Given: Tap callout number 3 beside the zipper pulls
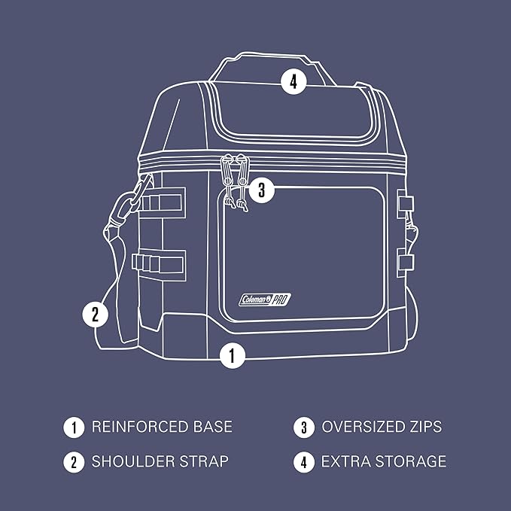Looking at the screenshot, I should pyautogui.click(x=260, y=190).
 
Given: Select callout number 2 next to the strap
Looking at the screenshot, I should pyautogui.click(x=95, y=314).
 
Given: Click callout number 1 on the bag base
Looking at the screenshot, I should pyautogui.click(x=233, y=355).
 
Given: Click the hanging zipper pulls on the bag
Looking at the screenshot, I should pyautogui.click(x=235, y=183).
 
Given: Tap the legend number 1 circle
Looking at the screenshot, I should pyautogui.click(x=74, y=427).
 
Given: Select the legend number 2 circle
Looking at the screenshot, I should pyautogui.click(x=74, y=461).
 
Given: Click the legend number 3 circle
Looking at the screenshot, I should pyautogui.click(x=303, y=427).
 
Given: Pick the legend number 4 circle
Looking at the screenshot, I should pyautogui.click(x=303, y=461).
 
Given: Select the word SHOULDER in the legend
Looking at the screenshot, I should pyautogui.click(x=134, y=461).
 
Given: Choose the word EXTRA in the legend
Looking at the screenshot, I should pyautogui.click(x=345, y=461).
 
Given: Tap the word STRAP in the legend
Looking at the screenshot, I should pyautogui.click(x=205, y=461).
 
